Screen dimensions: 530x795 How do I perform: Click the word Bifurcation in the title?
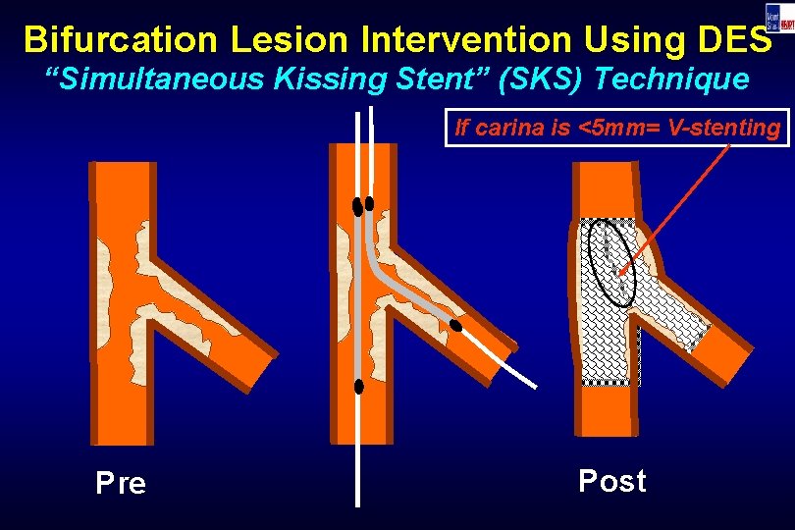point(112,39)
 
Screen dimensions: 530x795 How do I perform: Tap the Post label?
point(612,481)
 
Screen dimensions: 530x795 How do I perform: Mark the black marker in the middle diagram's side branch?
point(456,325)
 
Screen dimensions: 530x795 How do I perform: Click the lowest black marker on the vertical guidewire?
point(359,386)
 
